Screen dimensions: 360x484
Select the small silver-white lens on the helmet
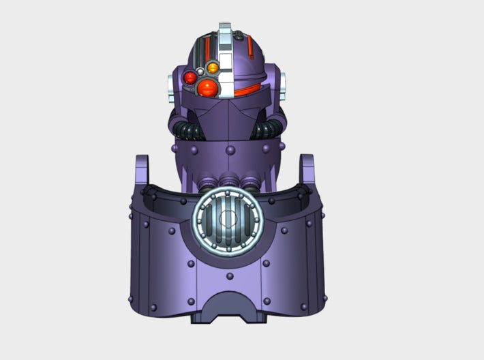(201, 70)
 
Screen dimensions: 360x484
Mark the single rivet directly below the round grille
(230, 276)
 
